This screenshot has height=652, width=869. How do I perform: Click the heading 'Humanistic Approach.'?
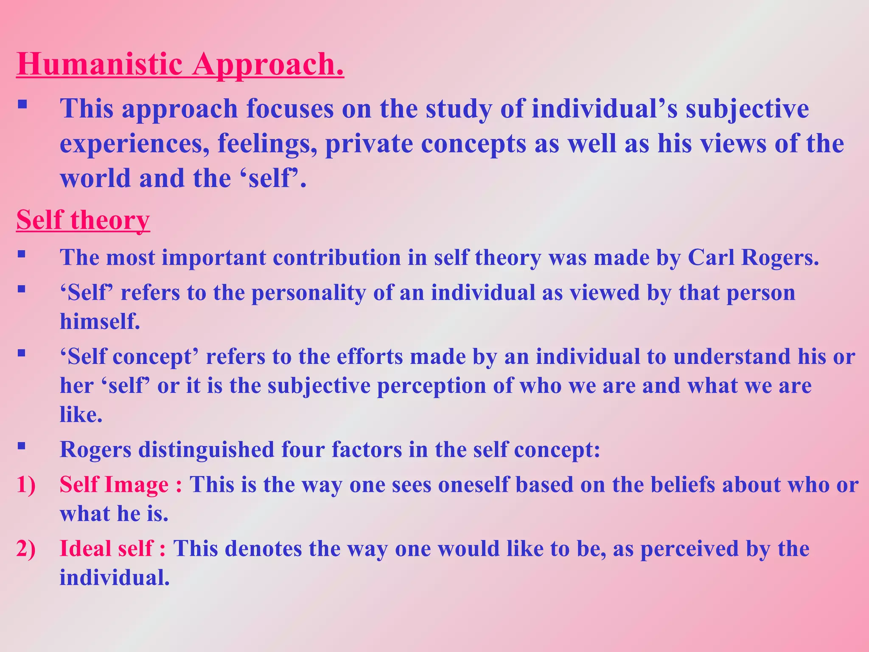[x=180, y=65]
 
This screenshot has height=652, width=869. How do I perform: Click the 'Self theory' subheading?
[x=83, y=220]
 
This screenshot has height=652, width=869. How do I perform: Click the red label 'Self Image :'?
[x=121, y=485]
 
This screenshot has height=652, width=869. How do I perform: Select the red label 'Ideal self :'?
[x=112, y=548]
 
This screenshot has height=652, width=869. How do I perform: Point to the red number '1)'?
[x=26, y=485]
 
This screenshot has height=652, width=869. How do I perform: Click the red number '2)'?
[x=26, y=548]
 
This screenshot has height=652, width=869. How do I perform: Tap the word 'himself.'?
[x=100, y=321]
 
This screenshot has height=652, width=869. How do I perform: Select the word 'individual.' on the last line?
[x=115, y=578]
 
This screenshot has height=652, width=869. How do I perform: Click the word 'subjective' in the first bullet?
[x=747, y=109]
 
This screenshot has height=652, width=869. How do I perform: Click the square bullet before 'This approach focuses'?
[x=22, y=104]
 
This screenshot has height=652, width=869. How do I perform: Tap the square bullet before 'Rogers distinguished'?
[x=22, y=446]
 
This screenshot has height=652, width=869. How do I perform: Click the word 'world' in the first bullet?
[x=95, y=178]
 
